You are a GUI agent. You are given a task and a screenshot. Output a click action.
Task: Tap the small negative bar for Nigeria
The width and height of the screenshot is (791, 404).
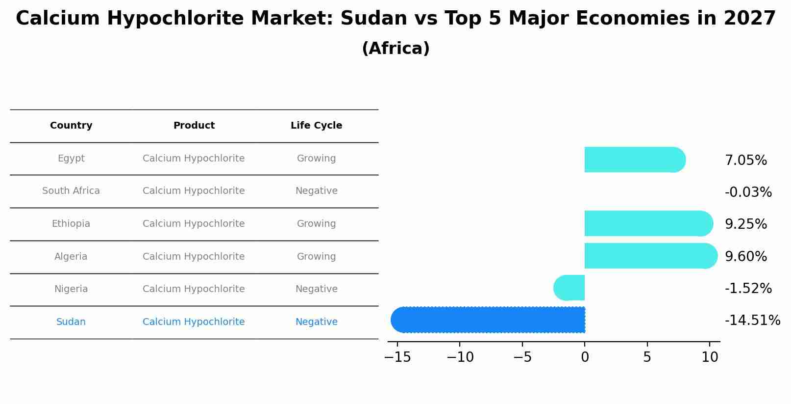569,288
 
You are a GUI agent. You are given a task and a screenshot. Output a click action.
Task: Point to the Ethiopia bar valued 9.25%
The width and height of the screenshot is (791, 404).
647,223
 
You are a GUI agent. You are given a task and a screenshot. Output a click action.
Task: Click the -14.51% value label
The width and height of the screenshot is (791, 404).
752,321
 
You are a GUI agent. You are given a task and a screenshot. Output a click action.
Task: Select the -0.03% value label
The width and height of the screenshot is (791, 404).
748,192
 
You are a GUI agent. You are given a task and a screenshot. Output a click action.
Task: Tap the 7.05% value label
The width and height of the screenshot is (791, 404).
745,161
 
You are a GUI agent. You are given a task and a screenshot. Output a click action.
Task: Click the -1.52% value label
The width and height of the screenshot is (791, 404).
748,289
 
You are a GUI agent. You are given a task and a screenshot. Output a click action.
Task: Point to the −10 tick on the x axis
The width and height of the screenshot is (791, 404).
460,357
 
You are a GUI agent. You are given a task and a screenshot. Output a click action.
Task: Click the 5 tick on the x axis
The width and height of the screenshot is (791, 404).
647,357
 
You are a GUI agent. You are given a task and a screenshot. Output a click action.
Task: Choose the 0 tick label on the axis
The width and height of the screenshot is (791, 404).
585,357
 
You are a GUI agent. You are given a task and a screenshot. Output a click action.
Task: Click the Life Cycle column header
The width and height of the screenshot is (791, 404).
316,126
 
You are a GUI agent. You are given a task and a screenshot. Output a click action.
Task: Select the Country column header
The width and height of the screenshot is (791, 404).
71,126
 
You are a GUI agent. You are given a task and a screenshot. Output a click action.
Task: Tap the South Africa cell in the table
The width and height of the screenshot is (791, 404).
71,191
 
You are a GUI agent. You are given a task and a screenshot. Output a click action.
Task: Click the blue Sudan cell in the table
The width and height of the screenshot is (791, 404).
71,322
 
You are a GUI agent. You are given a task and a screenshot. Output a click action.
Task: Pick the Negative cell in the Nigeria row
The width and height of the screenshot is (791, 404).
316,289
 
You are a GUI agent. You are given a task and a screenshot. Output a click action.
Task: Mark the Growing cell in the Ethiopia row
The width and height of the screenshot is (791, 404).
316,224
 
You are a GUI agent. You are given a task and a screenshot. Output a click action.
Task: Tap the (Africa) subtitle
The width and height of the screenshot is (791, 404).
395,49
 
